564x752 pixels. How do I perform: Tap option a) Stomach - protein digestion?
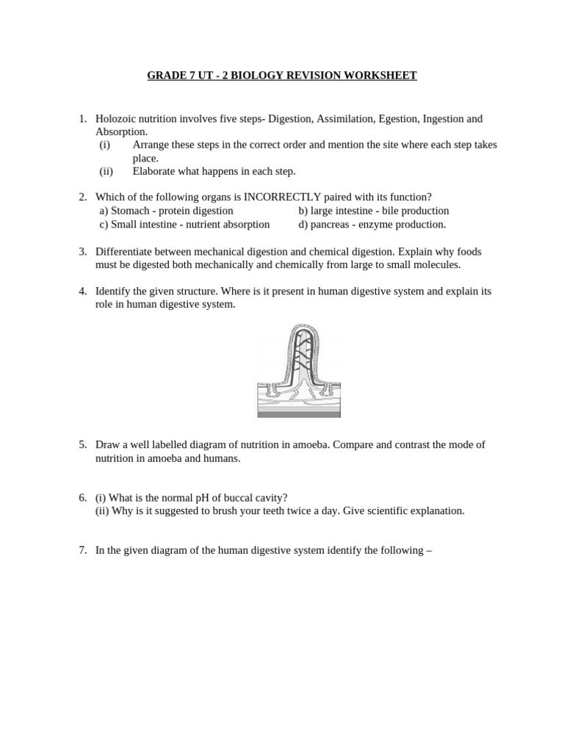[x=166, y=211]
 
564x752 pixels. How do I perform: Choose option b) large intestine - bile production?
[x=373, y=211]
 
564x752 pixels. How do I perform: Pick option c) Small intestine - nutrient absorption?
[x=184, y=224]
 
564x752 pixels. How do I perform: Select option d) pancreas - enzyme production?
[x=372, y=224]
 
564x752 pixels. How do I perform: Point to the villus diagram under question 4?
[x=298, y=371]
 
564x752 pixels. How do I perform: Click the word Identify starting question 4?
[x=114, y=291]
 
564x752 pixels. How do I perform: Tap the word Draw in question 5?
[x=107, y=445]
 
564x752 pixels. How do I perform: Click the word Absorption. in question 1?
[x=121, y=132]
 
